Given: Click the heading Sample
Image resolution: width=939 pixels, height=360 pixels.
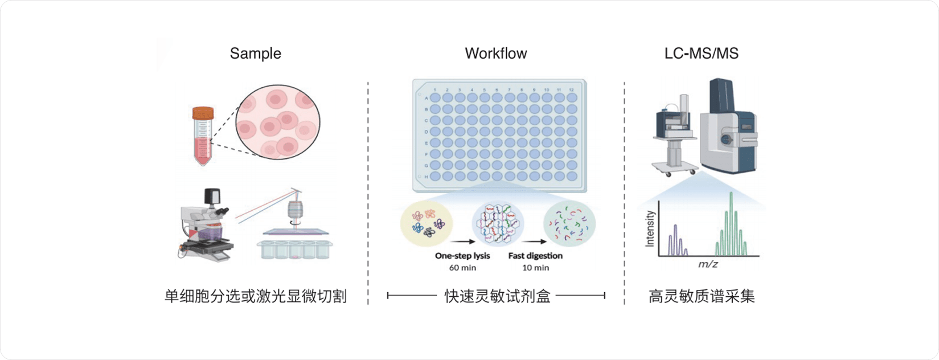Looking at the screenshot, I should click(255, 54).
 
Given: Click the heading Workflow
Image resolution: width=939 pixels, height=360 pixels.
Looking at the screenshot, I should click(495, 54).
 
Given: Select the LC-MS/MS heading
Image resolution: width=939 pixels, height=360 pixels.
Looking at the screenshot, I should click(701, 54).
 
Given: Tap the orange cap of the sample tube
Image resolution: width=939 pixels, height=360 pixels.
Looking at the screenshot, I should click(203, 113).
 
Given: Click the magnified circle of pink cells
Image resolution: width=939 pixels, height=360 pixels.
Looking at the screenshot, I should click(278, 125).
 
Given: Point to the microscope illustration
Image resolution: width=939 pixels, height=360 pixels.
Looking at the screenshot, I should click(204, 224).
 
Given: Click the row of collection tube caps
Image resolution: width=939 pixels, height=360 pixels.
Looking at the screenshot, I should click(294, 249).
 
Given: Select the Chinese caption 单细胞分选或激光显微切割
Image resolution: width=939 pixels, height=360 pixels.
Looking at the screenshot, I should click(255, 296).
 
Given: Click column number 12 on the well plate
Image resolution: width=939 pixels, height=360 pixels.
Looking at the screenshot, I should click(571, 90).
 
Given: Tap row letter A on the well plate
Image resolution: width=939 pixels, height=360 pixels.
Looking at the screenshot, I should click(427, 98).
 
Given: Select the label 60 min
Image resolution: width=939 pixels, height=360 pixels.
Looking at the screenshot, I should click(462, 268).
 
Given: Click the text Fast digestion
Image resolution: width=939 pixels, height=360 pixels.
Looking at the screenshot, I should click(535, 256).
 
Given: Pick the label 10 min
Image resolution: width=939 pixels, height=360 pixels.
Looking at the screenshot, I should click(535, 268).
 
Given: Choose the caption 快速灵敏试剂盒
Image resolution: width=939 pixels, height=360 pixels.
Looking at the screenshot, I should click(497, 296).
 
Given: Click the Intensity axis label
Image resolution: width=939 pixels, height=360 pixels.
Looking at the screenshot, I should click(650, 228).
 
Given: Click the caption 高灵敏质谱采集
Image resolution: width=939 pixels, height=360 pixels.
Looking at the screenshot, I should click(701, 296).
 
